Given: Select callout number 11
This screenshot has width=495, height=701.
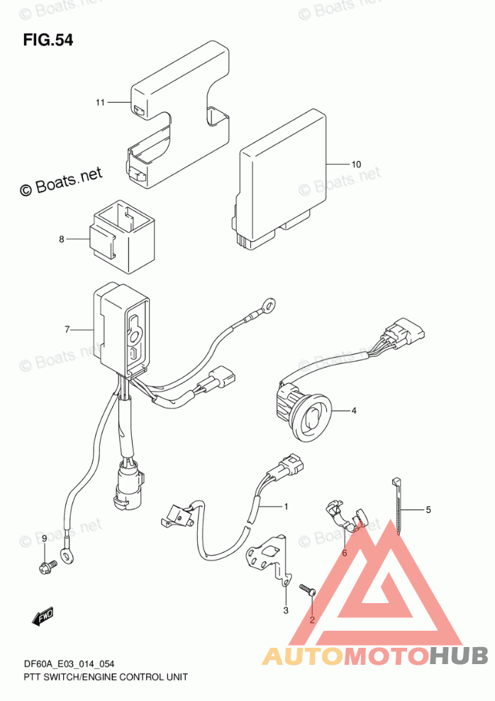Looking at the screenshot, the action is point(100,103).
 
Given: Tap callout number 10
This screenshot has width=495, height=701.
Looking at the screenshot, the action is point(356,165).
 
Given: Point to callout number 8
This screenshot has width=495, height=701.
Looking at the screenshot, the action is point(62,240).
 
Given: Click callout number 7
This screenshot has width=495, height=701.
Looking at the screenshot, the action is point(67,329).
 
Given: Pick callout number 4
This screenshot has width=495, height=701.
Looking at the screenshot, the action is point(354,410).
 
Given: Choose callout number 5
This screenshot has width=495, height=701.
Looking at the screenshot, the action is point(428,509).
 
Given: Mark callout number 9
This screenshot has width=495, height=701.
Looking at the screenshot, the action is point(44,540).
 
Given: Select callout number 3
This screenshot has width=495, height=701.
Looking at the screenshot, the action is point(286,610).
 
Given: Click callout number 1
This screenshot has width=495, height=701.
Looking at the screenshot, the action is point(287,507).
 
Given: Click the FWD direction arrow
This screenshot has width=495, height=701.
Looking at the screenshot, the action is point(44,615).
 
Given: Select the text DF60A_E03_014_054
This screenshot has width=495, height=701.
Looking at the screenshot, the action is point(59,664).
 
